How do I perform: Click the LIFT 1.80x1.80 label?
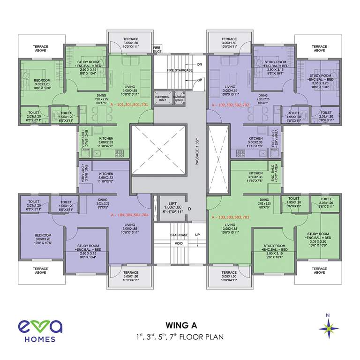click(169, 204)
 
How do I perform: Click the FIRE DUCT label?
click(157, 49)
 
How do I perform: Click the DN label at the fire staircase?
click(199, 64)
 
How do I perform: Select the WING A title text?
click(180, 325)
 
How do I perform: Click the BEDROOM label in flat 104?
click(42, 235)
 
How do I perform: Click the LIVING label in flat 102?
click(230, 87)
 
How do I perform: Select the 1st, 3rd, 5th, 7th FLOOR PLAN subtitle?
click(180, 337)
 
